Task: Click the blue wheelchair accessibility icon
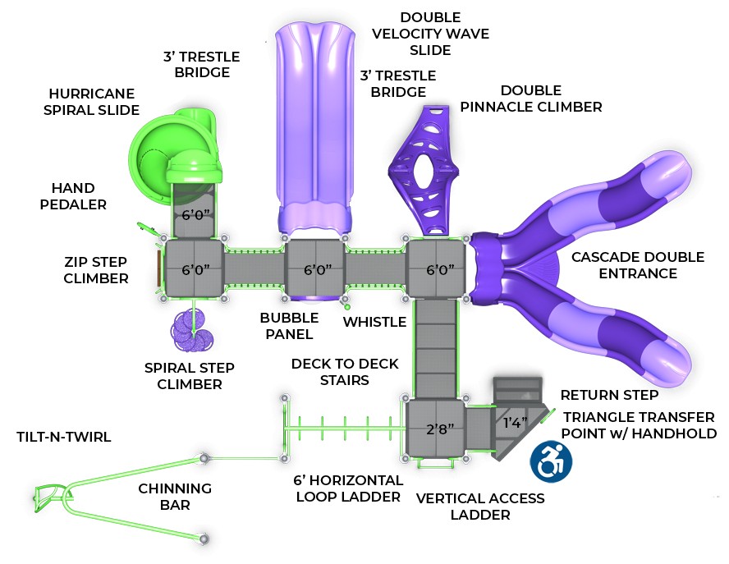coord(552,461)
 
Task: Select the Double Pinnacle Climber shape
coord(424,170)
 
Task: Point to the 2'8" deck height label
coord(440,429)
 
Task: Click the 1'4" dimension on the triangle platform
coord(515,422)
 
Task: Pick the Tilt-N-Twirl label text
coord(64,437)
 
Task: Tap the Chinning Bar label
coord(175,497)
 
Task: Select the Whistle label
coord(374,322)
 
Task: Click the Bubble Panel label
coord(289,326)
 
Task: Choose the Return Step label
coord(609,395)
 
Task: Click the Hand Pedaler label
coord(73,196)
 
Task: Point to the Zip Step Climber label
coord(96,270)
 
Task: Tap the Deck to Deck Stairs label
coord(345,372)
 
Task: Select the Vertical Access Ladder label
coord(480,507)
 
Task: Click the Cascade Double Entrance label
coord(638,265)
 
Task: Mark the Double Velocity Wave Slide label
coord(430,34)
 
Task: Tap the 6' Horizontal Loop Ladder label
coord(348,488)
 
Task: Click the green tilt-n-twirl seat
coord(48,496)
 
